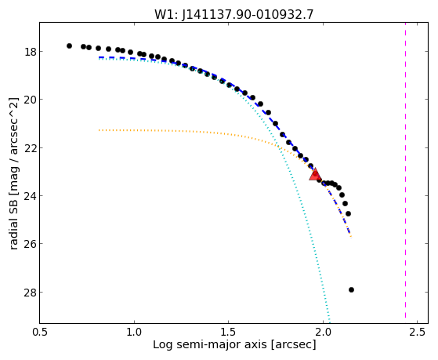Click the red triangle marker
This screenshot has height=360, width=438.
point(315,175)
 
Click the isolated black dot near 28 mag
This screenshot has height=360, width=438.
point(351,289)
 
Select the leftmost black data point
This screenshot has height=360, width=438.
point(69,45)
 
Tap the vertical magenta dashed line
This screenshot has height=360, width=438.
point(405,173)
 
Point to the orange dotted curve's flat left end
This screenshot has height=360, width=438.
point(100,130)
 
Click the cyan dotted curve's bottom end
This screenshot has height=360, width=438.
point(330,322)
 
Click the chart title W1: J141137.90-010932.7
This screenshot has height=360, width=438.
point(234,15)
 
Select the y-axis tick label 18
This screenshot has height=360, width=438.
point(30,52)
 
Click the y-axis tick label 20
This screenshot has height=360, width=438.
point(30,100)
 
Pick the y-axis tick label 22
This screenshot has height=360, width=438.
point(30,148)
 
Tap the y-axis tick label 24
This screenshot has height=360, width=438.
point(30,196)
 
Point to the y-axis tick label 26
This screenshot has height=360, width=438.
point(30,244)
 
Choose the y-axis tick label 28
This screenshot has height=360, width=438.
point(30,293)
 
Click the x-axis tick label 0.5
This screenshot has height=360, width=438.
point(40,333)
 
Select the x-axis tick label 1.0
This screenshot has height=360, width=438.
point(134,333)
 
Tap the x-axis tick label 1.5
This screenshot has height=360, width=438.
point(229,333)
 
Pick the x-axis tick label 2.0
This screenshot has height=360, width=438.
point(323,333)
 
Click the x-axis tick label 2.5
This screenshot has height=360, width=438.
point(417,333)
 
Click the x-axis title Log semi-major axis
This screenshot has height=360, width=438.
point(210,345)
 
